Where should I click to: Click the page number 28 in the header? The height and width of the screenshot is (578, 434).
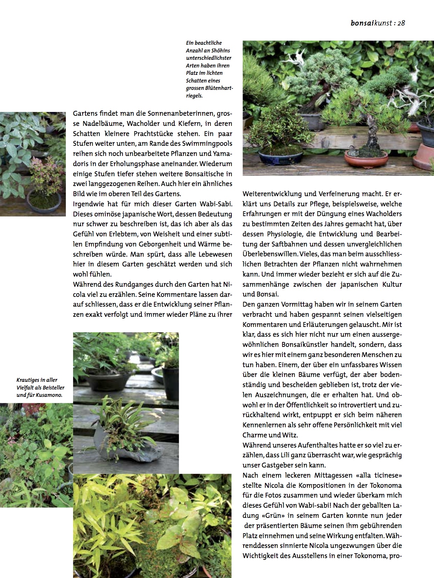point(401,23)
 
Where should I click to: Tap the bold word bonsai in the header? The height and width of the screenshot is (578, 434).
point(362,23)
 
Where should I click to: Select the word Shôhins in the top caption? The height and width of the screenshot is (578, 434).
point(221,50)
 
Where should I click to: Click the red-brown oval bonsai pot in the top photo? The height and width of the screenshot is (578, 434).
point(366,158)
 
